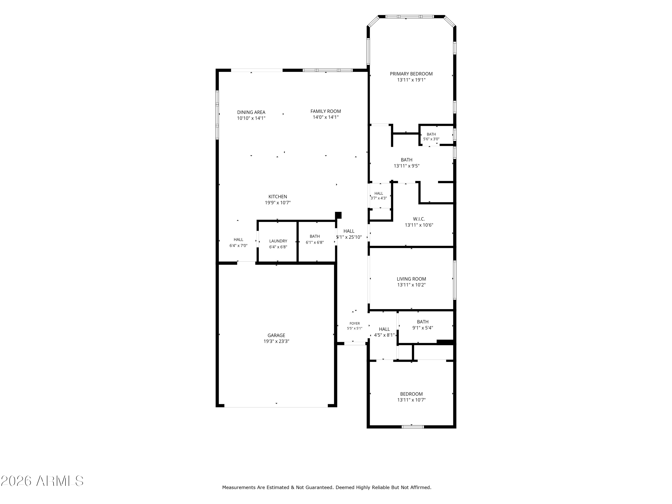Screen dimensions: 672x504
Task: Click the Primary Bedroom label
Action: tap(411, 74)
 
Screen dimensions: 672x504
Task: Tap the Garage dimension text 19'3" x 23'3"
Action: tap(276, 341)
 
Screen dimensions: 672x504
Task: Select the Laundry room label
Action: tap(278, 241)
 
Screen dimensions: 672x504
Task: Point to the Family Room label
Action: tap(326, 111)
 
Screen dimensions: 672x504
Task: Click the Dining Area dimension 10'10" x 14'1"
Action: tap(251, 118)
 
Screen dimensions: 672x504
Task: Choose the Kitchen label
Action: tap(278, 196)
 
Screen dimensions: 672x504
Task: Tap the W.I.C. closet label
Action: tap(419, 219)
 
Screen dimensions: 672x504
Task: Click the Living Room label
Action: tap(411, 279)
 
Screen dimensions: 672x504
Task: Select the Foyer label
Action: tap(355, 323)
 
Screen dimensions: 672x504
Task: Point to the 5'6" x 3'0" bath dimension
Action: tap(431, 139)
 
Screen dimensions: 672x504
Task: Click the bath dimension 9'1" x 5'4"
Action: tap(423, 328)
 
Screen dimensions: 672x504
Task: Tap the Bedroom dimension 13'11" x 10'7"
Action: tap(411, 400)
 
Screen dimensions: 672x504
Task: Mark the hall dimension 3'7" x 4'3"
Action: tap(379, 198)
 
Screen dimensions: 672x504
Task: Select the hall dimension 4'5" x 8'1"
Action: tap(384, 335)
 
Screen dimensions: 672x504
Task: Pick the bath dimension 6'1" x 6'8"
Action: tap(315, 242)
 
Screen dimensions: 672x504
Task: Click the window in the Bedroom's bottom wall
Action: tap(413, 426)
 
